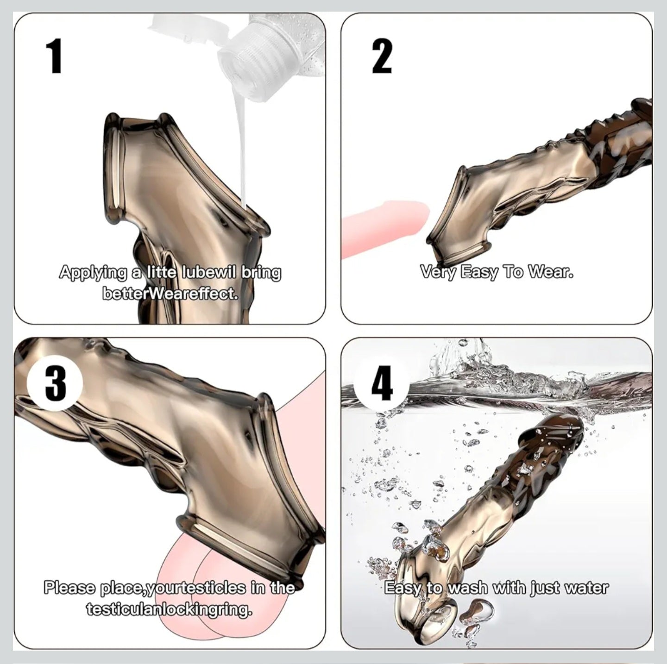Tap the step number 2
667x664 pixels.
(x=382, y=56)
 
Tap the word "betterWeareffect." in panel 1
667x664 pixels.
(x=170, y=294)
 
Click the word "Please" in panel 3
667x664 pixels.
(x=70, y=588)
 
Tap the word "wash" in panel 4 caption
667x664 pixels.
(x=468, y=588)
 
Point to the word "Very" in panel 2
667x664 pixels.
(x=438, y=272)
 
